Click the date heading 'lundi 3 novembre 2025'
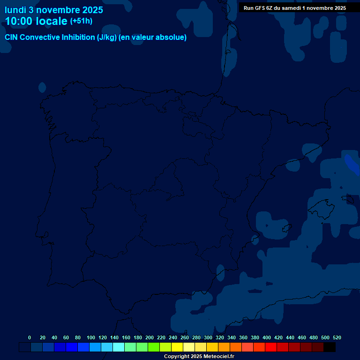pyautogui.click(x=54, y=10)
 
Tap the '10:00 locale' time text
pyautogui.click(x=36, y=21)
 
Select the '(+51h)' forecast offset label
pyautogui.click(x=81, y=21)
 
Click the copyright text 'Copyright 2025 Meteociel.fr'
pyautogui.click(x=199, y=356)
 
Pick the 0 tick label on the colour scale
pyautogui.click(x=30, y=337)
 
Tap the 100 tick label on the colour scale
pyautogui.click(x=91, y=337)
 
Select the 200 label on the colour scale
pyautogui.click(x=150, y=337)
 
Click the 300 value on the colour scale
pyautogui.click(x=208, y=337)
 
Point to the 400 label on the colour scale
pyautogui.click(x=267, y=337)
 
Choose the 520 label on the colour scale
pyautogui.click(x=337, y=337)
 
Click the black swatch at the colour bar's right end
pyautogui.click(x=330, y=347)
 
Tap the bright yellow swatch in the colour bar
pyautogui.click(x=177, y=347)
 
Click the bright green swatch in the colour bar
pyautogui.click(x=154, y=347)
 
